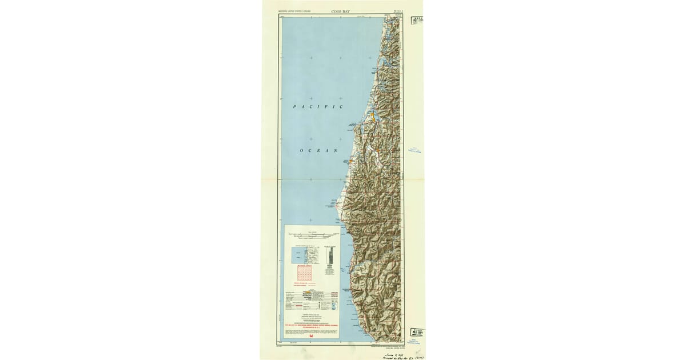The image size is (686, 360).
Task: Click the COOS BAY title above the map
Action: [x=341, y=11]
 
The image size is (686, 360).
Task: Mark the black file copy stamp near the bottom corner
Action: [x=417, y=333]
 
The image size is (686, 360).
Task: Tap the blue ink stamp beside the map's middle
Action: [x=416, y=150]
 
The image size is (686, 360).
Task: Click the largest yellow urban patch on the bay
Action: [x=372, y=117]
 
